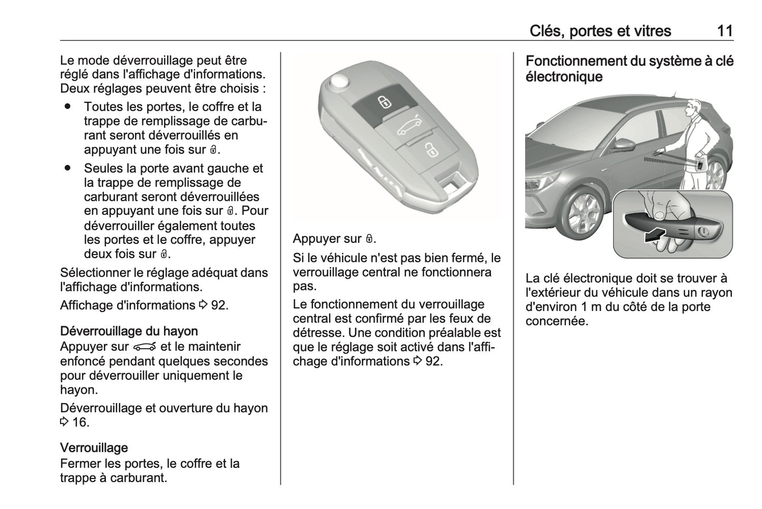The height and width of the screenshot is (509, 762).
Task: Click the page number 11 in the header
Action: point(725,31)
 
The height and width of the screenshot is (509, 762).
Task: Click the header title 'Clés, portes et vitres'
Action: point(600,31)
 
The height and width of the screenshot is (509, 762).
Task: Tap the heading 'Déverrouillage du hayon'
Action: point(129,331)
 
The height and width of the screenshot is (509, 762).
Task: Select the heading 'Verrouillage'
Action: point(94,447)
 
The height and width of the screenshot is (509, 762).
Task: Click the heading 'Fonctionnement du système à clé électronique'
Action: point(629,68)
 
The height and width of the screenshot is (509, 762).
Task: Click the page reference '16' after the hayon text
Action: point(81,422)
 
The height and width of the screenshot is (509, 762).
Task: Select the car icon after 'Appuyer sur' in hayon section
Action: point(145,347)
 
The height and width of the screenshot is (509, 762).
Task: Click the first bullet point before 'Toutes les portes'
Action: point(67,106)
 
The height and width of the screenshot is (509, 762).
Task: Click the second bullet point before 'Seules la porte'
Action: point(67,168)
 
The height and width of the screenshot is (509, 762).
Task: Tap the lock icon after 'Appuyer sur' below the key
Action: point(370,239)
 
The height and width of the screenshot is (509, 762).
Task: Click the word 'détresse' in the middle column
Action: point(317,332)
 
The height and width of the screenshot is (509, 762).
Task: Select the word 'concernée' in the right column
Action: point(556,321)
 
